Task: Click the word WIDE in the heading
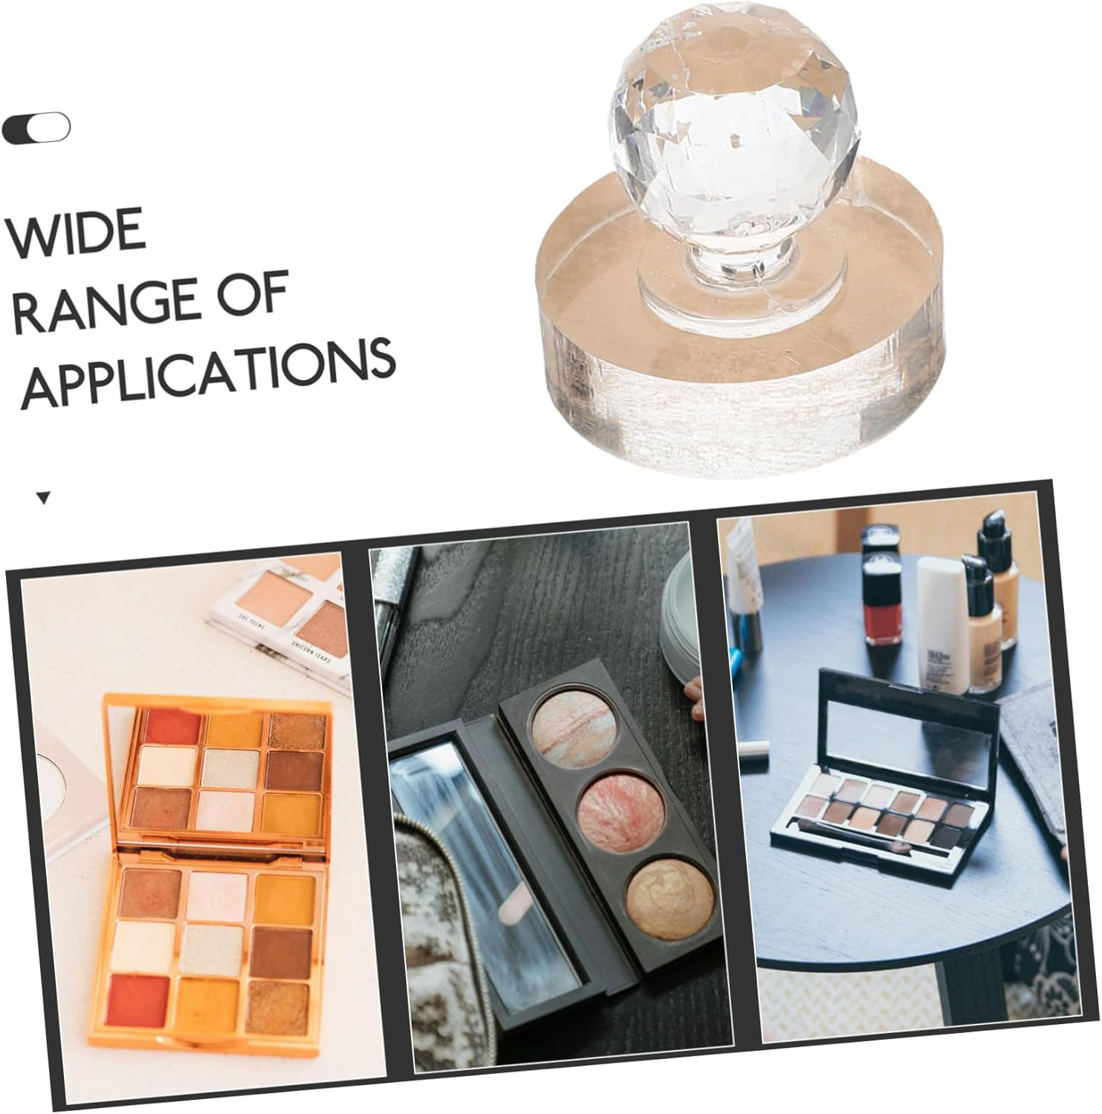[75, 232]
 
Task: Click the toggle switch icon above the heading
[36, 128]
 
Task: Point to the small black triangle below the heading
[44, 498]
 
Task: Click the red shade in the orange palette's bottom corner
[140, 998]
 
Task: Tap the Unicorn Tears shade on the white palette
[325, 631]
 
